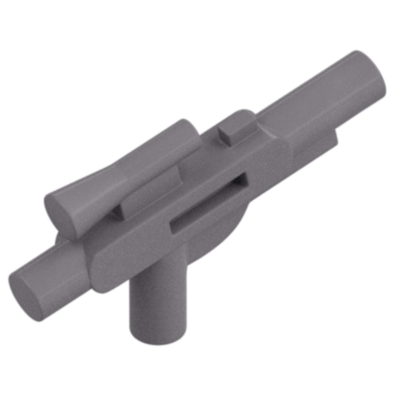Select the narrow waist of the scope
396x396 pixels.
(115, 175)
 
